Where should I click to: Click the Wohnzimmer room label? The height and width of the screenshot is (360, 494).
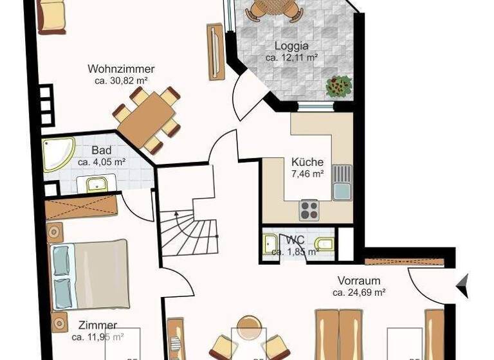(121, 69)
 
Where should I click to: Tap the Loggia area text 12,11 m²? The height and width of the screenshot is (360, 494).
(292, 58)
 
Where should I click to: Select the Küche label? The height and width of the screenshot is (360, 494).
(307, 162)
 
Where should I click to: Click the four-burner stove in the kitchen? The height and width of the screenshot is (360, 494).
(309, 210)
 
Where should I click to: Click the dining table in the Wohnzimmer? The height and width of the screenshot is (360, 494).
(146, 120)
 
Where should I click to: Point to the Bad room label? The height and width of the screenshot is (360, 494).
(101, 151)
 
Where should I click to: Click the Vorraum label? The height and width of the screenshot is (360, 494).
(359, 280)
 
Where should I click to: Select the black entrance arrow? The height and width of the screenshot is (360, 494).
(462, 285)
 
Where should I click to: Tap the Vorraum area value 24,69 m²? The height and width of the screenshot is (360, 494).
(359, 292)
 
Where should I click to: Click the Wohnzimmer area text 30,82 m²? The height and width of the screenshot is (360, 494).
(121, 81)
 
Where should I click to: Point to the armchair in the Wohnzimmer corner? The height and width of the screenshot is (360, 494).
(51, 15)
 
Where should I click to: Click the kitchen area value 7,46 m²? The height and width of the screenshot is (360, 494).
(307, 174)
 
